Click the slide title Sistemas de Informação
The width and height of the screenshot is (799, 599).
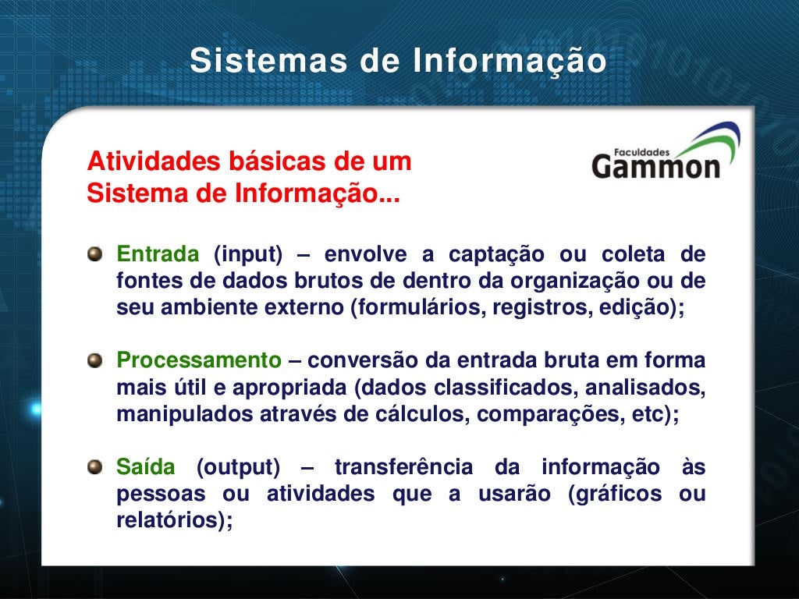click(x=398, y=61)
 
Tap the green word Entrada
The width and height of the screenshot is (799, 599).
click(x=158, y=254)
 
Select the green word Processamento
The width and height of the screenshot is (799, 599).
click(x=199, y=361)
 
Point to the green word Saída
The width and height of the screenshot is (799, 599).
click(x=146, y=467)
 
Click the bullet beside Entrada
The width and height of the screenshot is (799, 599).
click(x=94, y=254)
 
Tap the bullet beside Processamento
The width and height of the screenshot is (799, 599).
click(x=94, y=360)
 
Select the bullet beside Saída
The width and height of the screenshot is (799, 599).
click(x=94, y=467)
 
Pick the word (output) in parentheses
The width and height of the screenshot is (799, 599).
click(x=237, y=467)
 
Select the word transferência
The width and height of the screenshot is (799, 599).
click(x=403, y=467)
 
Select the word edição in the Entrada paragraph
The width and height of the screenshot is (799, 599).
click(x=636, y=307)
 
